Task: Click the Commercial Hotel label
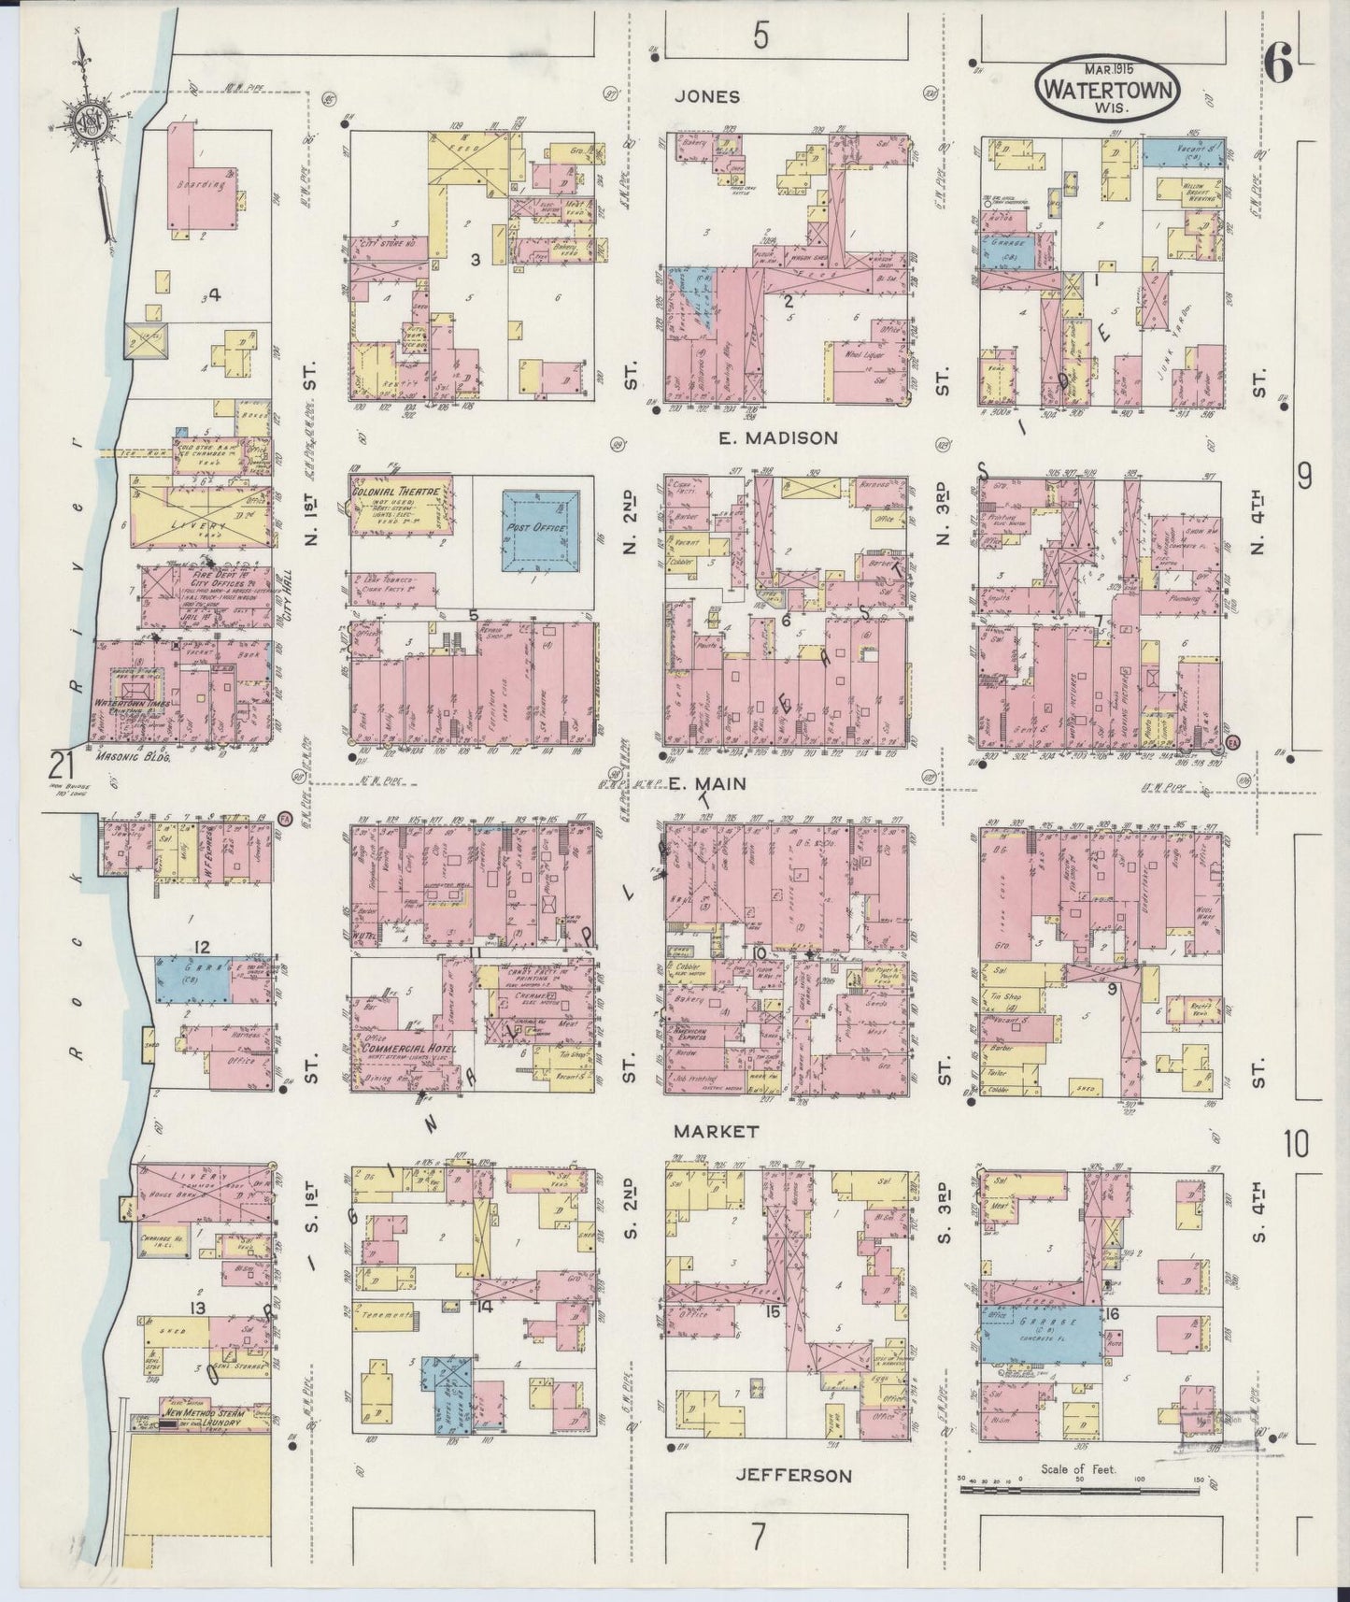[397, 1049]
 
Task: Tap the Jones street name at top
[708, 96]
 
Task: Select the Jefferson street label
[792, 1476]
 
